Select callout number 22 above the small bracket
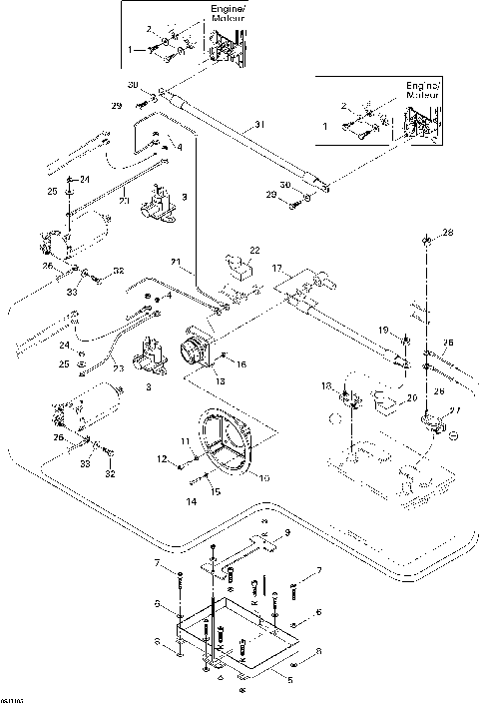254,250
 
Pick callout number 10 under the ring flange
264,478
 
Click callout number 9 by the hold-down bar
288,534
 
